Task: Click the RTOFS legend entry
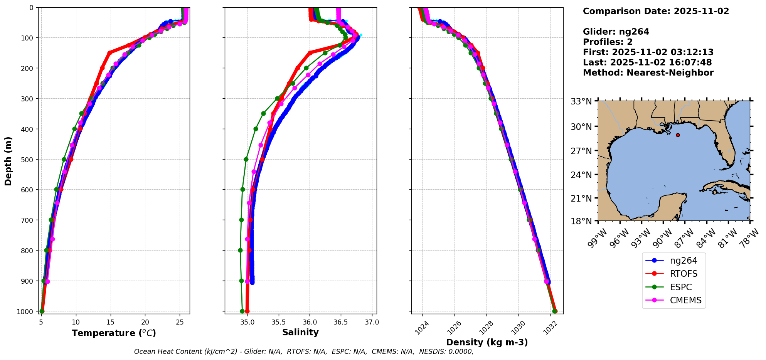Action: [683, 274]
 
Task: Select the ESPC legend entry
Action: [680, 288]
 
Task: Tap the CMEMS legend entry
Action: [685, 301]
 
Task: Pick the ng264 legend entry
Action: [683, 261]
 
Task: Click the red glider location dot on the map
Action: [678, 135]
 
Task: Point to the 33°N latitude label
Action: [581, 101]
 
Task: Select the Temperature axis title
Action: [114, 333]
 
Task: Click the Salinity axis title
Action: [300, 333]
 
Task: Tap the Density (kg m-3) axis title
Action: [487, 342]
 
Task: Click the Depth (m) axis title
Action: [8, 161]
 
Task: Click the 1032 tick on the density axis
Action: [550, 326]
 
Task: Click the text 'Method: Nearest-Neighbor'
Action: [648, 73]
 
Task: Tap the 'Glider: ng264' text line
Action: [616, 32]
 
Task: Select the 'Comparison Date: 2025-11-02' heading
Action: [656, 11]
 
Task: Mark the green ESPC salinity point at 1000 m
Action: [242, 311]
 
